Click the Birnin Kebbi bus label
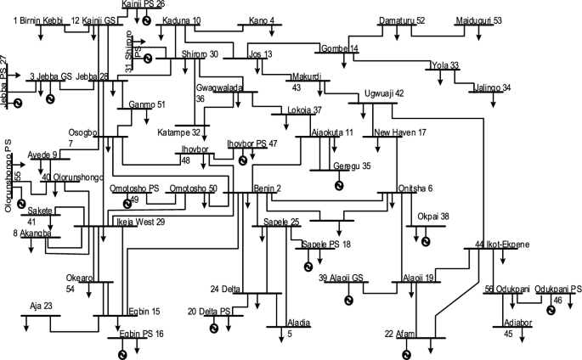pos(37,20)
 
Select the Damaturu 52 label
pos(402,20)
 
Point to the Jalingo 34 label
pos(494,87)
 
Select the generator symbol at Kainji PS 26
pos(147,20)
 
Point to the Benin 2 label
pos(267,188)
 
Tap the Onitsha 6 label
pos(415,188)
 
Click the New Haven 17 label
pos(399,132)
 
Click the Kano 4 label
pos(262,20)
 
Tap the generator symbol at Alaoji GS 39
pos(348,298)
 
